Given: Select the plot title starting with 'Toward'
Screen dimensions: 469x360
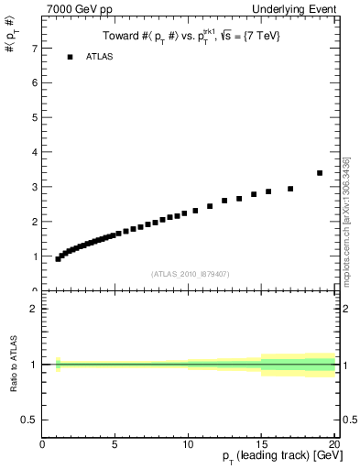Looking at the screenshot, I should pyautogui.click(x=190, y=36).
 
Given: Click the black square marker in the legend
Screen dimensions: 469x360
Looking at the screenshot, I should pyautogui.click(x=70, y=57).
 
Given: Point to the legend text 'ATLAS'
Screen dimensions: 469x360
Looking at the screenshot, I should pyautogui.click(x=100, y=57).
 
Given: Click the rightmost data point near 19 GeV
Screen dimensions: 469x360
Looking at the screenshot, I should pyautogui.click(x=320, y=172).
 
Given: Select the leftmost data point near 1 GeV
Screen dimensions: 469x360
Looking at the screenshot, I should pyautogui.click(x=58, y=259).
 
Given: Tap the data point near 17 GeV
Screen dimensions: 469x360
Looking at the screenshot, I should pyautogui.click(x=290, y=189).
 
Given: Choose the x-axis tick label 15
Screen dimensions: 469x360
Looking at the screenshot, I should pyautogui.click(x=260, y=445).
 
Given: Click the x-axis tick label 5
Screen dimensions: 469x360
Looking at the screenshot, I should pyautogui.click(x=115, y=445).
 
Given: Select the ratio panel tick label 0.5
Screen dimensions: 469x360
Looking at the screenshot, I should pyautogui.click(x=29, y=420).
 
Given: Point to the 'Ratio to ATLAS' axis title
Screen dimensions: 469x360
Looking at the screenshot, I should pyautogui.click(x=13, y=364).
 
